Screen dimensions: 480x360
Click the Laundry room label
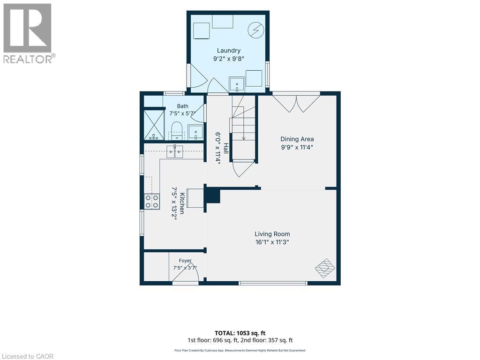(x=229, y=51)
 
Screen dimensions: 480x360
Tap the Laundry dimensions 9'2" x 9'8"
(x=229, y=59)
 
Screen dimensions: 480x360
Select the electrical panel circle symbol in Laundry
(x=255, y=30)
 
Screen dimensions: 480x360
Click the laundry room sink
(x=237, y=84)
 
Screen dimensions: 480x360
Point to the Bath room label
(x=182, y=106)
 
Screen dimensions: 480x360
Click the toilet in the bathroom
(x=176, y=130)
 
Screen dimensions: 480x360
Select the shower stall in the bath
(x=154, y=125)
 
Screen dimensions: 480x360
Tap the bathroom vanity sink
(x=195, y=132)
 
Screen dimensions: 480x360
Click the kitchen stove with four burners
(x=152, y=202)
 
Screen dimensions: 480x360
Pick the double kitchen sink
(x=175, y=152)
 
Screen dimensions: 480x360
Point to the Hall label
(x=226, y=148)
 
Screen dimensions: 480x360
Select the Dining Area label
(x=297, y=139)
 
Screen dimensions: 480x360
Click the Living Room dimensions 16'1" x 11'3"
(x=272, y=242)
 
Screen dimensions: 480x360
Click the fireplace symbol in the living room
(x=325, y=268)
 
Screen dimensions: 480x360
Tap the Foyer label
(x=185, y=261)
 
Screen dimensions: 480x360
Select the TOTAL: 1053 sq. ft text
(x=240, y=333)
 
